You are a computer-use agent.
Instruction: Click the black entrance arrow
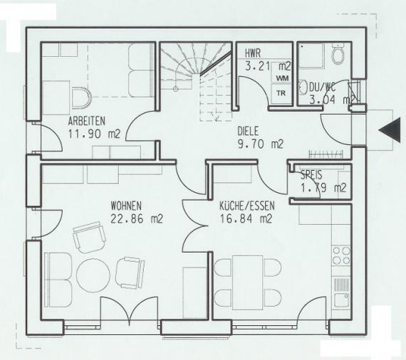click(x=386, y=130)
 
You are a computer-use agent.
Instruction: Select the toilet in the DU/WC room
click(x=338, y=55)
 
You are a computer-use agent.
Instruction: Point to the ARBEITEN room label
click(x=87, y=121)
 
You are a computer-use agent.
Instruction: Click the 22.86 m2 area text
click(x=137, y=219)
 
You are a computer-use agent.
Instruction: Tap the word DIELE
click(x=248, y=131)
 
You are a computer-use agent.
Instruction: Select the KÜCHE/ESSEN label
click(x=247, y=206)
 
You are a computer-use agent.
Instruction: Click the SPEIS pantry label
click(x=311, y=175)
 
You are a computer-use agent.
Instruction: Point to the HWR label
click(x=253, y=54)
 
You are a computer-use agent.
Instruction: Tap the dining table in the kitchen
click(x=248, y=282)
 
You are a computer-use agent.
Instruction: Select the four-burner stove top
click(x=341, y=255)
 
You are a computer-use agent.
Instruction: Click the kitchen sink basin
click(x=341, y=301)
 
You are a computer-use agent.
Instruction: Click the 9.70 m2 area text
click(x=261, y=144)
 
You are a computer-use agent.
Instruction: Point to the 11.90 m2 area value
click(x=94, y=134)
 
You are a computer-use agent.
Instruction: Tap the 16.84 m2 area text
click(x=246, y=219)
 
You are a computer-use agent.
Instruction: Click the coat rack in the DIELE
click(x=326, y=154)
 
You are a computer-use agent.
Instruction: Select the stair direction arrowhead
click(x=215, y=117)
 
